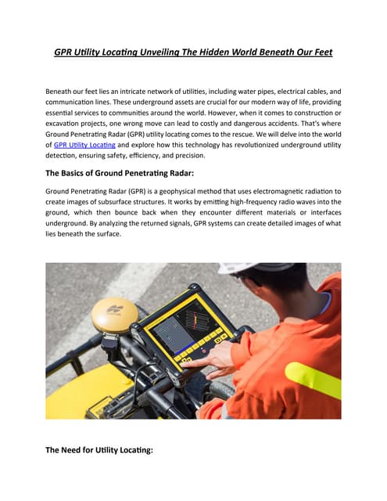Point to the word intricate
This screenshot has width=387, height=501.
pos(128,92)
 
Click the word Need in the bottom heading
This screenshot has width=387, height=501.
pos(77,450)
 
